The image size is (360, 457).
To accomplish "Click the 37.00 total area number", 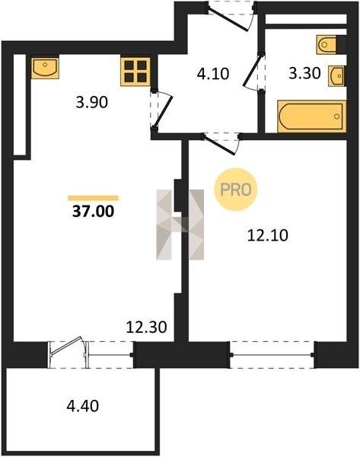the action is pyautogui.click(x=93, y=211).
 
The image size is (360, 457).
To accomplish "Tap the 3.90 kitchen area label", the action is pyautogui.click(x=92, y=102).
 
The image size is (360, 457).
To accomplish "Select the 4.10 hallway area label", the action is pyautogui.click(x=213, y=74).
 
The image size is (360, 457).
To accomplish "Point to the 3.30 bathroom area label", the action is pyautogui.click(x=304, y=73).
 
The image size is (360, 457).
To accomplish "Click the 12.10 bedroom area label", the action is pyautogui.click(x=268, y=235).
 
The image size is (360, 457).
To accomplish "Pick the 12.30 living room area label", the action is pyautogui.click(x=146, y=327).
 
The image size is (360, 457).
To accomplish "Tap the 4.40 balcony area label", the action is pyautogui.click(x=83, y=406).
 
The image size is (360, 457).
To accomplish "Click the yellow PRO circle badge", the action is pyautogui.click(x=236, y=190).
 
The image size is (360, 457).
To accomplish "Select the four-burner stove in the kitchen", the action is pyautogui.click(x=135, y=72).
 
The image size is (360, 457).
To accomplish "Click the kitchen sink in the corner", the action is pyautogui.click(x=45, y=68).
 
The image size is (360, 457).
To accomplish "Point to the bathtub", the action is pyautogui.click(x=311, y=117).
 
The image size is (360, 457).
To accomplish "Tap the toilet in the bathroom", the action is pyautogui.click(x=327, y=45).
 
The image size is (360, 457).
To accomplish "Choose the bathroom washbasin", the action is pyautogui.click(x=337, y=76).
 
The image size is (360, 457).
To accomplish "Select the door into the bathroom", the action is pyautogui.click(x=254, y=71).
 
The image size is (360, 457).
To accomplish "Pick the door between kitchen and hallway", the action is pyautogui.click(x=162, y=109).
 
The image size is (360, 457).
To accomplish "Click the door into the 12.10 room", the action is pyautogui.click(x=222, y=144).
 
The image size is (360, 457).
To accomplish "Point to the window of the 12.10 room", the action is pyautogui.click(x=272, y=355).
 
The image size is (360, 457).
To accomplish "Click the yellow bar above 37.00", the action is pyautogui.click(x=93, y=198).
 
